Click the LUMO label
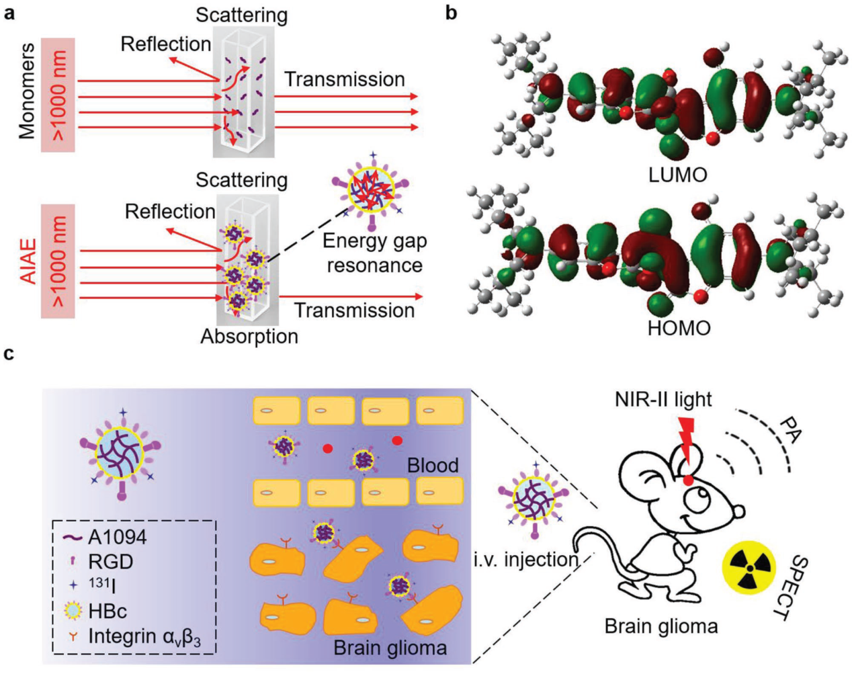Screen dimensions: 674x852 (x=677, y=175)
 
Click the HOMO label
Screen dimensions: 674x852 (x=679, y=328)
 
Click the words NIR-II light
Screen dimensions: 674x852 (x=663, y=399)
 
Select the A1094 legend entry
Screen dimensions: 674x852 (x=116, y=537)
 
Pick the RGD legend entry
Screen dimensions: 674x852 (x=110, y=561)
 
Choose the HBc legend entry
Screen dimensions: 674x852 (x=107, y=611)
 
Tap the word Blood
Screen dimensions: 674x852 (x=433, y=465)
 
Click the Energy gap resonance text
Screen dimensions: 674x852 (x=374, y=253)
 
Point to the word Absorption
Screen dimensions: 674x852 (x=249, y=336)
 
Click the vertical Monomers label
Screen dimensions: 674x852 (x=27, y=91)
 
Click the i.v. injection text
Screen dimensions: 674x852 (x=526, y=559)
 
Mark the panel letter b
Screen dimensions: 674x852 (x=452, y=12)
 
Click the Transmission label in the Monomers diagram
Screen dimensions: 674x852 (x=344, y=79)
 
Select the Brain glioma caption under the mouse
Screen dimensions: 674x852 (x=661, y=626)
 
